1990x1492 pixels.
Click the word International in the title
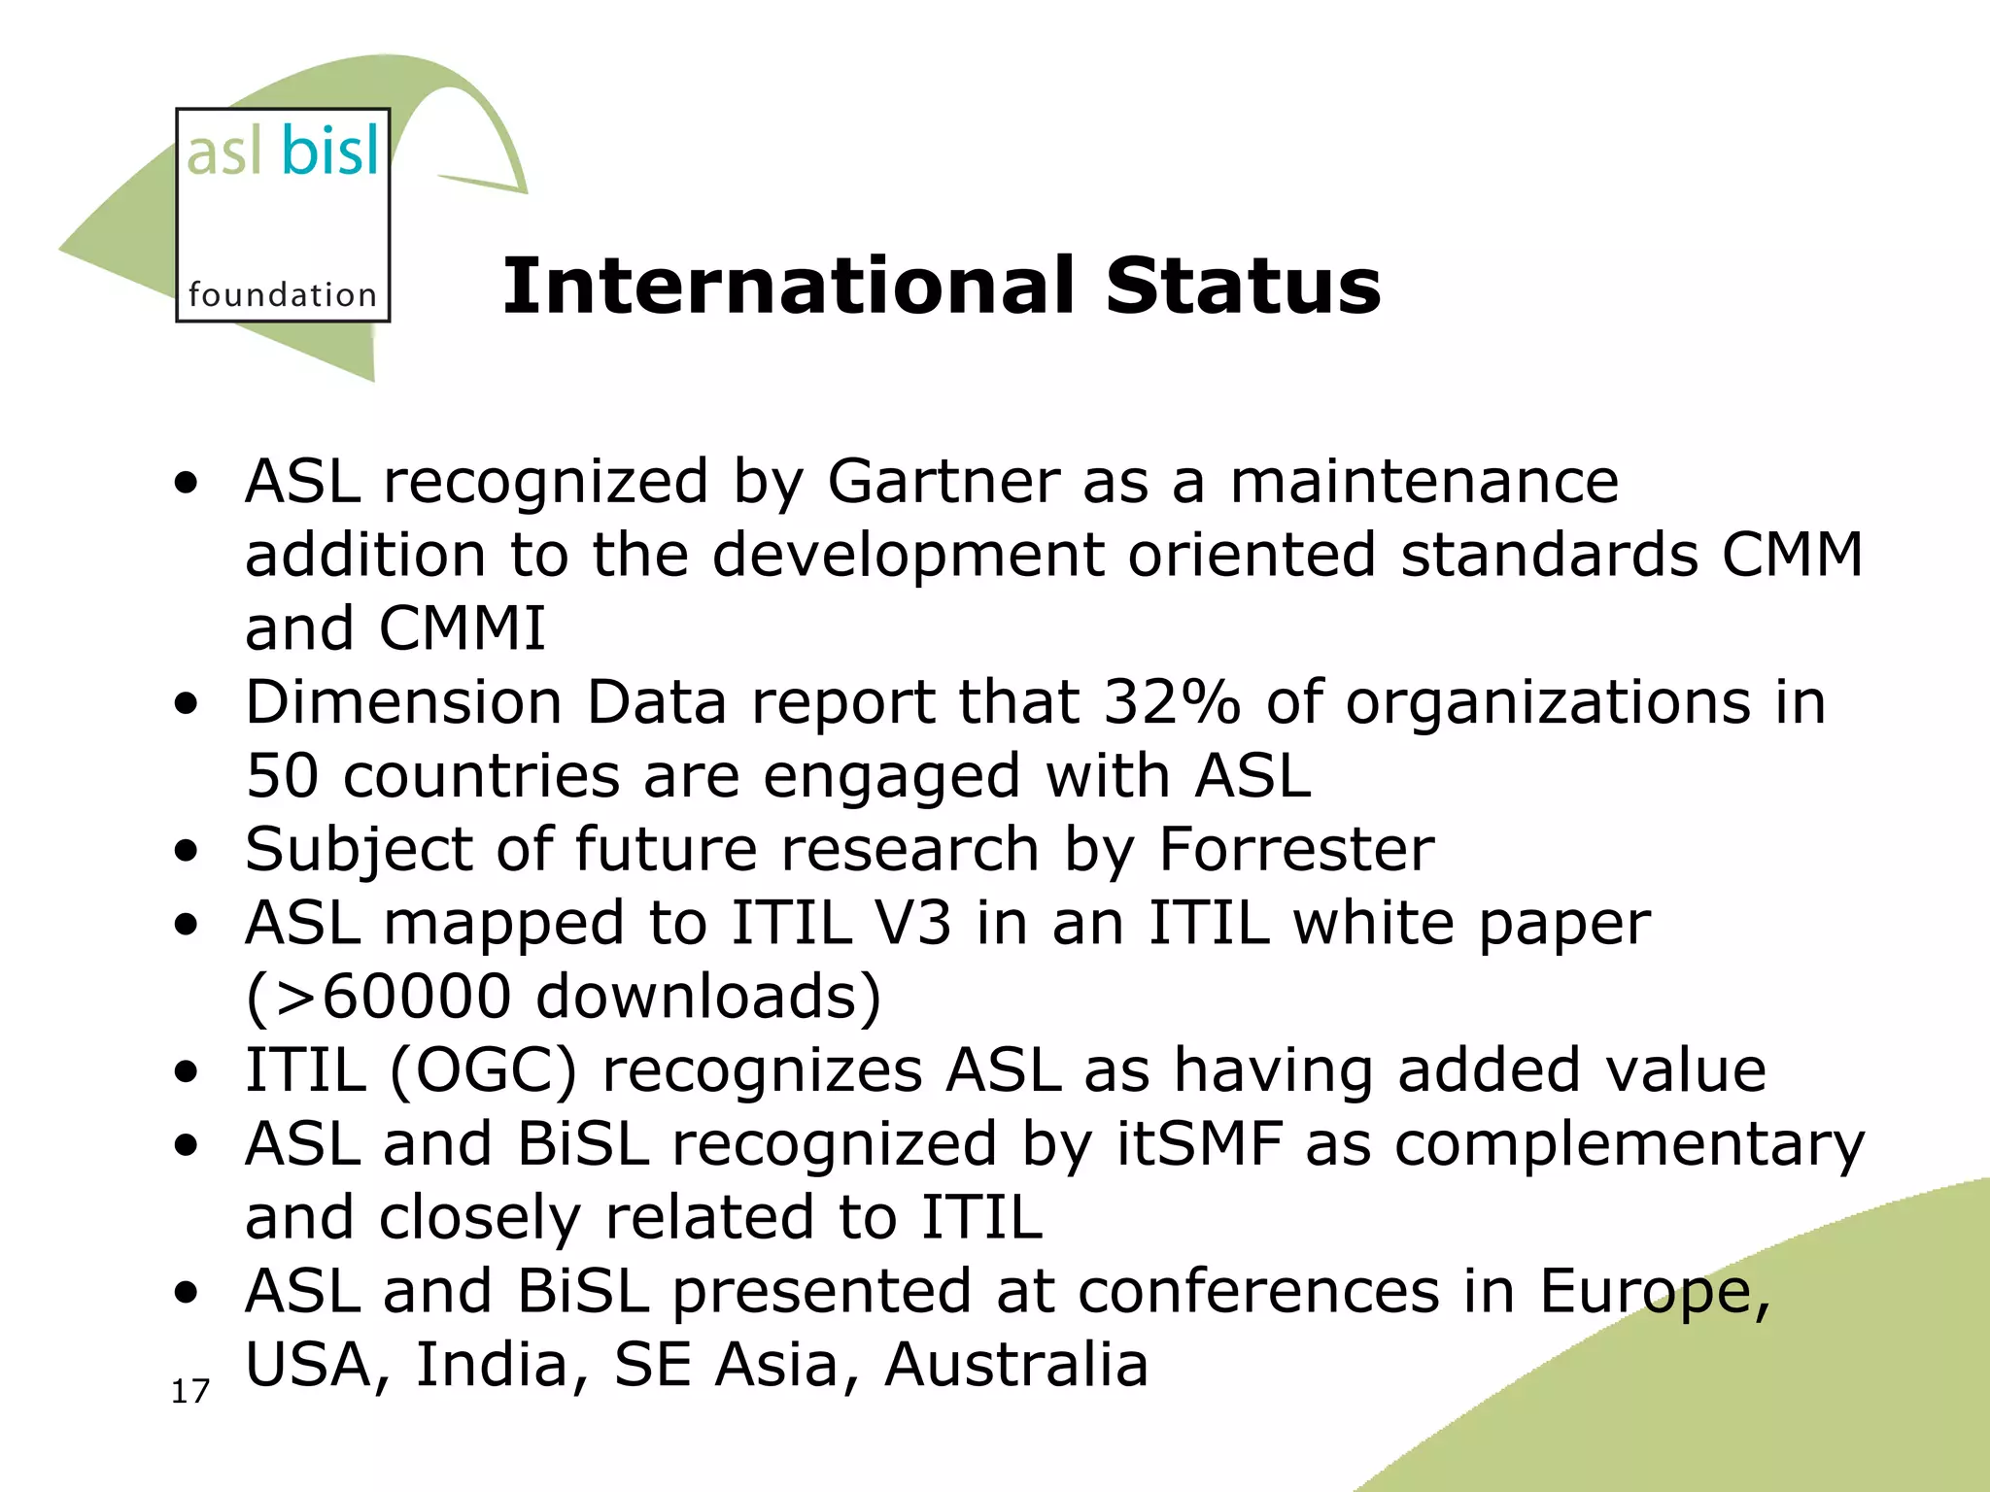787,287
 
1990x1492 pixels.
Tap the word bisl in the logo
330,153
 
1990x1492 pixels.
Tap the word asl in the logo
223,153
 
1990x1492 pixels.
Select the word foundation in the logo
282,294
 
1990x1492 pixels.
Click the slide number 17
190,1392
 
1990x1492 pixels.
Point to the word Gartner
943,483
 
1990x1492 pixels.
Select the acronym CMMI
462,628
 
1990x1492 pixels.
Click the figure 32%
1172,702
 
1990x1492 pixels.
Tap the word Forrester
1296,850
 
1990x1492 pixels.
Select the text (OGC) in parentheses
483,1071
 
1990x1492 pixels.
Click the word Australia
1016,1365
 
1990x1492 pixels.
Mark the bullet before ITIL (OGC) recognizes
186,1073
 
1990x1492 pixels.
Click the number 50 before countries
282,776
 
